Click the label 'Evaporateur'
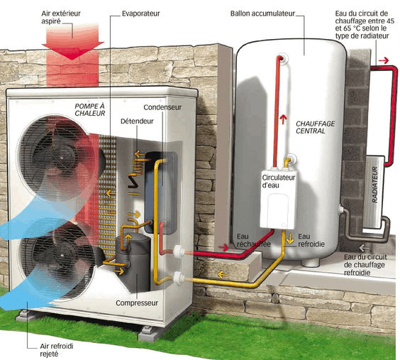[x=141, y=13]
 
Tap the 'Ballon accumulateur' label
[x=262, y=13]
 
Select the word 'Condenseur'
[x=162, y=107]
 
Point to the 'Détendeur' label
[x=137, y=121]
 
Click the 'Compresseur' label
[x=137, y=303]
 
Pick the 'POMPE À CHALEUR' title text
[x=90, y=110]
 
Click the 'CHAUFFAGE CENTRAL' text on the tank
[x=316, y=127]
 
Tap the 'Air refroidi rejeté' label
[x=56, y=350]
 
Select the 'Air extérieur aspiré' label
[x=61, y=17]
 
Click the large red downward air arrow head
[x=73, y=50]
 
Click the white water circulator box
[x=278, y=199]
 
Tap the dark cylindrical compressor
[x=133, y=263]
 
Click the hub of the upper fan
[x=62, y=158]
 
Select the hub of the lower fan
[x=62, y=256]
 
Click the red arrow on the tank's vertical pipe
[x=283, y=119]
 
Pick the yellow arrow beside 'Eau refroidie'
[x=290, y=238]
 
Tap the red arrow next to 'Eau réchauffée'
[x=223, y=247]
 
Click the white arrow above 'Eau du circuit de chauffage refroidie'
[x=364, y=248]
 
